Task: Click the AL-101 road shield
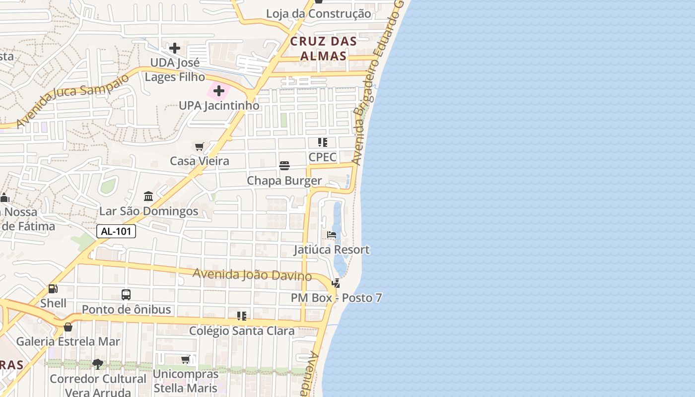click(116, 231)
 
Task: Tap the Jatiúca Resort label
click(332, 250)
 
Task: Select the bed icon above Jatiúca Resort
click(332, 235)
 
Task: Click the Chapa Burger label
click(284, 181)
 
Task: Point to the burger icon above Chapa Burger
click(284, 166)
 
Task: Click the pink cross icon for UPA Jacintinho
click(219, 91)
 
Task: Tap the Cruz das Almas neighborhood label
click(324, 48)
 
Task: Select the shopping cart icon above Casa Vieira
click(200, 146)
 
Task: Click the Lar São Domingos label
click(149, 211)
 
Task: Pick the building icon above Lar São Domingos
click(148, 197)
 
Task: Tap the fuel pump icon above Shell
click(53, 289)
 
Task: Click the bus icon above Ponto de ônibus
click(126, 295)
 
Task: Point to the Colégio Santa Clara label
click(242, 331)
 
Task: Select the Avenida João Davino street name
click(252, 274)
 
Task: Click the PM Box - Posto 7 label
click(337, 298)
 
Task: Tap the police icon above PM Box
click(336, 283)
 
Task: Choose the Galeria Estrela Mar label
click(68, 341)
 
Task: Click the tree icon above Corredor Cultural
click(98, 364)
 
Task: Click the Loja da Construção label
click(318, 13)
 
